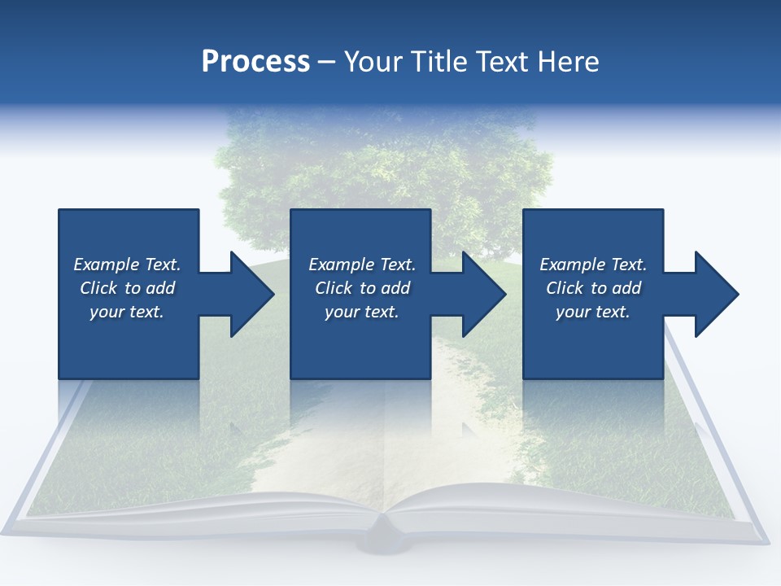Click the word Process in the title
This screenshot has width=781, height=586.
(255, 62)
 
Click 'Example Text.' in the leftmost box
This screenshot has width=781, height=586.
(127, 265)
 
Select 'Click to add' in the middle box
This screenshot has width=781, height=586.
(362, 288)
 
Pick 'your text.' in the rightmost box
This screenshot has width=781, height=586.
(592, 312)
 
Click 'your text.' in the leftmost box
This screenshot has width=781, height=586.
(127, 312)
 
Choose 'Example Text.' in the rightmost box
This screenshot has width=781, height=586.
(593, 265)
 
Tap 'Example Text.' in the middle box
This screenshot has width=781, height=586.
(362, 265)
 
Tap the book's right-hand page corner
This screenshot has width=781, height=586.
(761, 537)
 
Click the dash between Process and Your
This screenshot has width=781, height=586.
(326, 62)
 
